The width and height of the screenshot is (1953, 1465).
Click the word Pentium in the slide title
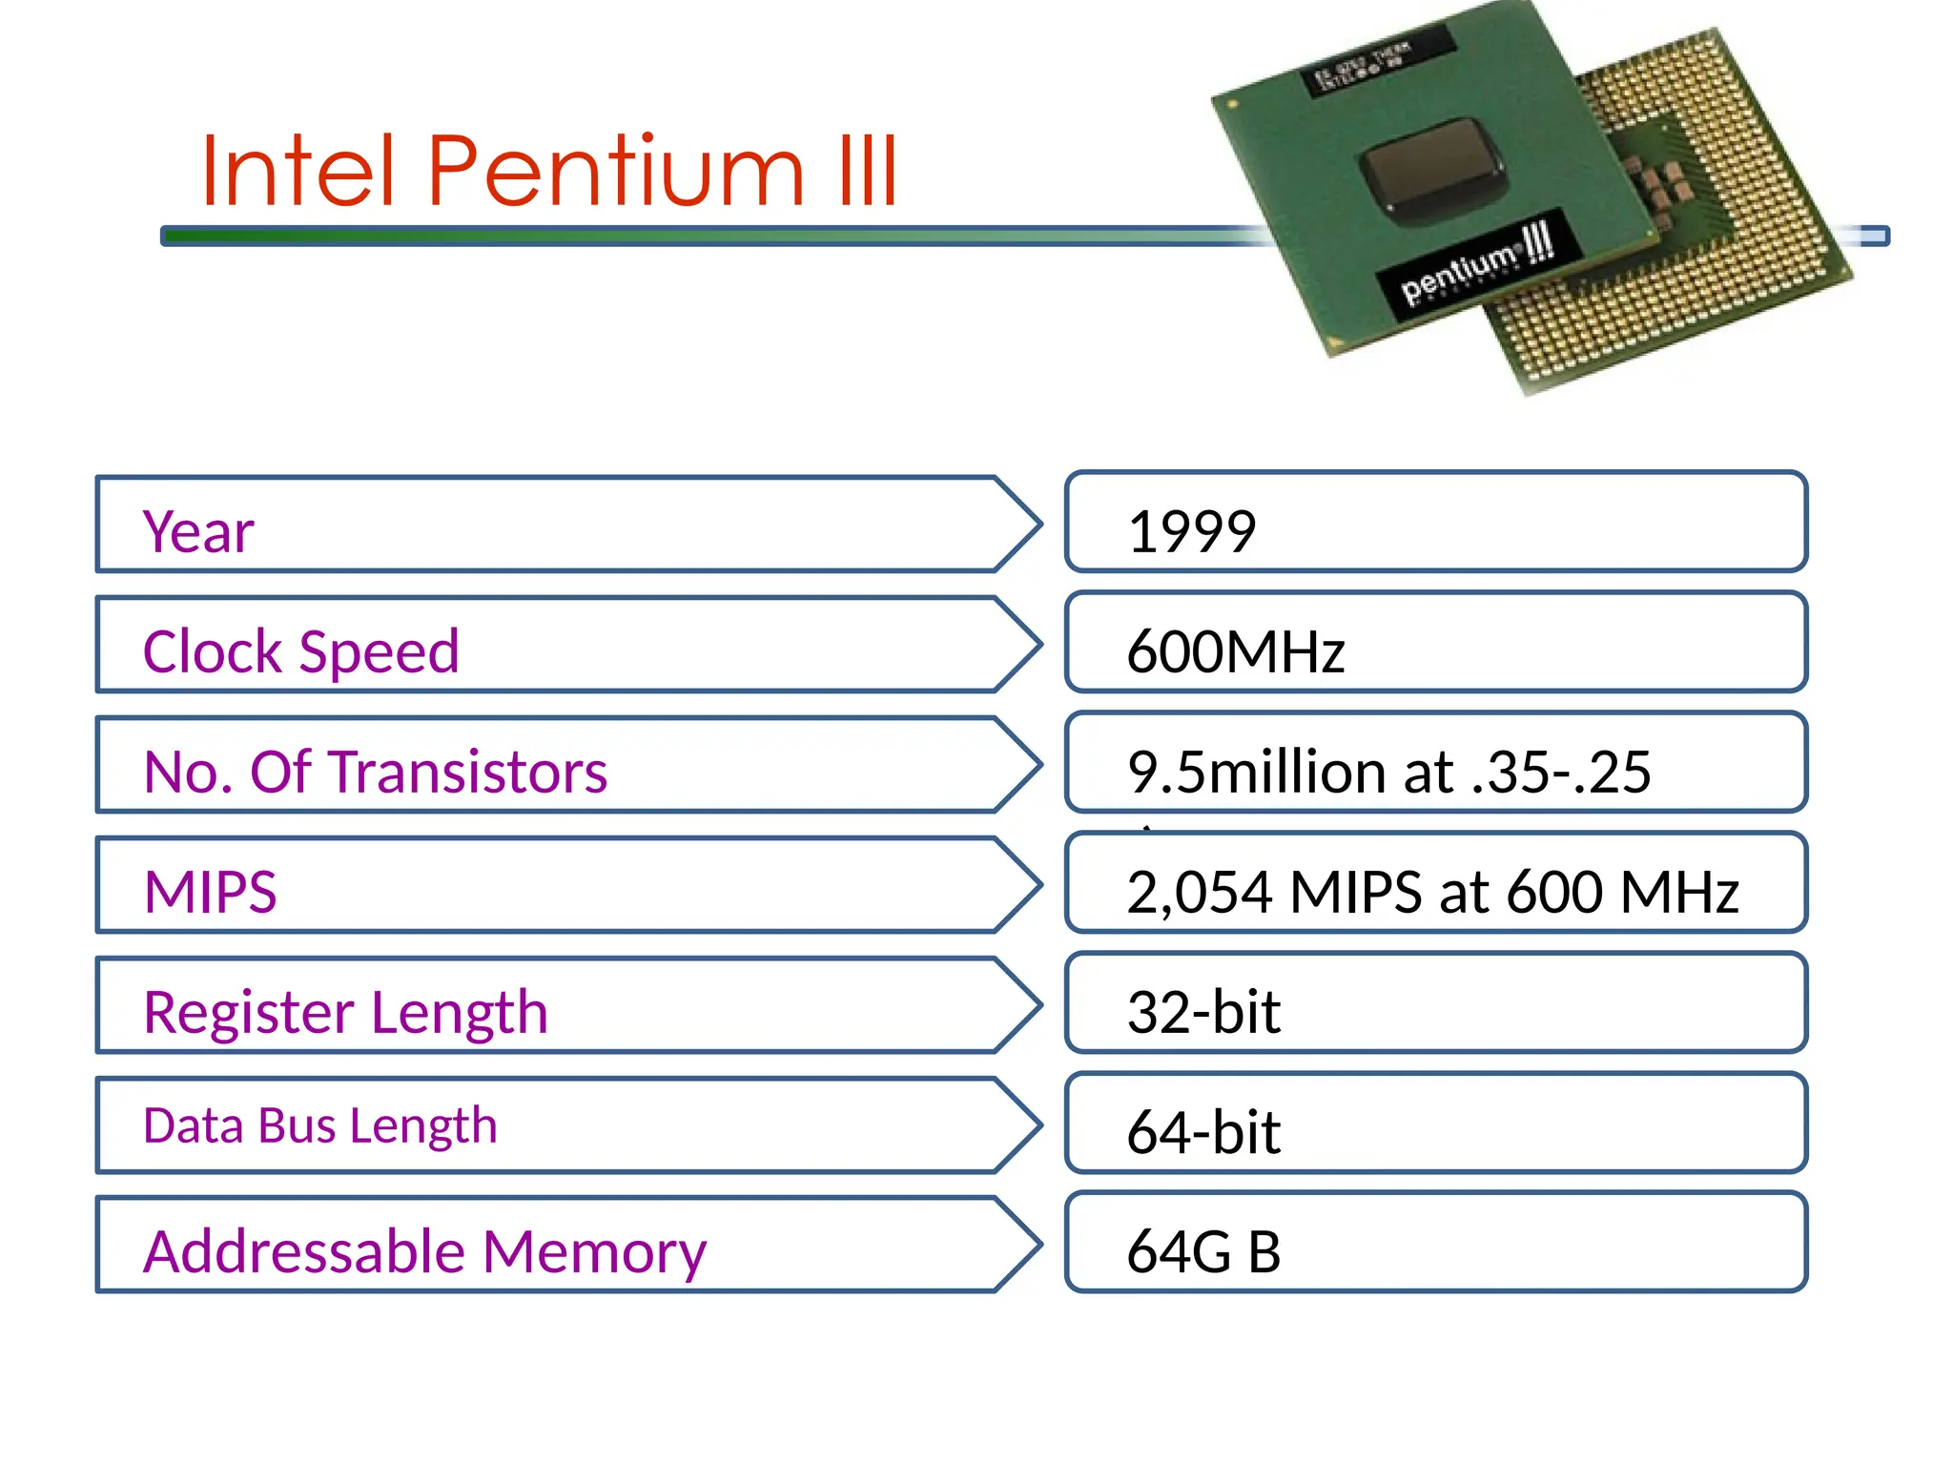pyautogui.click(x=616, y=172)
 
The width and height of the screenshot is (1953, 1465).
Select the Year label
pyautogui.click(x=198, y=531)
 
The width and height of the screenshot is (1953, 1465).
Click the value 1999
pyautogui.click(x=1191, y=531)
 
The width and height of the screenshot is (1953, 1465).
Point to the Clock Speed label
pyautogui.click(x=300, y=651)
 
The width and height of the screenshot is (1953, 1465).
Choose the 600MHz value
pyautogui.click(x=1235, y=651)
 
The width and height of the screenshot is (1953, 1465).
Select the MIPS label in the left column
pyautogui.click(x=210, y=892)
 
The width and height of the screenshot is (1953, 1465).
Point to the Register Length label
pyautogui.click(x=345, y=1012)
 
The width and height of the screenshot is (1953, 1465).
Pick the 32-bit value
pyautogui.click(x=1203, y=1012)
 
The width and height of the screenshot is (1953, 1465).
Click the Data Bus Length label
pyautogui.click(x=319, y=1125)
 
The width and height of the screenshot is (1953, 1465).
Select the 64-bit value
pyautogui.click(x=1203, y=1132)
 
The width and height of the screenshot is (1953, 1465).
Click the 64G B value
pyautogui.click(x=1203, y=1251)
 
